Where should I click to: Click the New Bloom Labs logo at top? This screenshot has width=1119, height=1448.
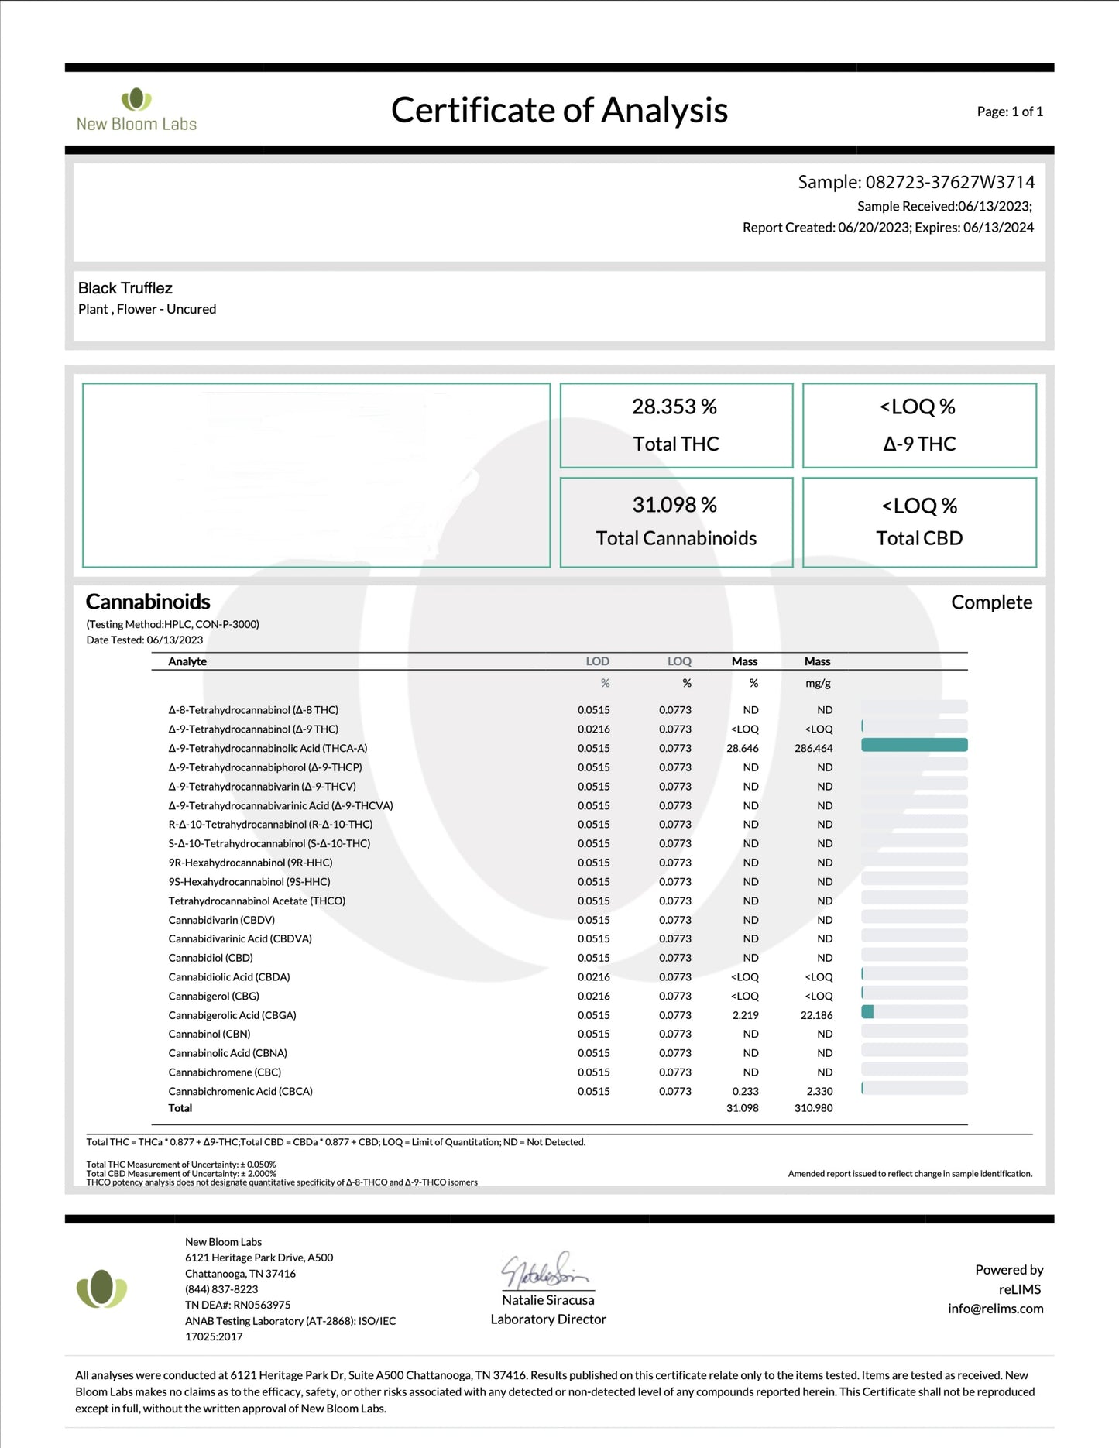[136, 110]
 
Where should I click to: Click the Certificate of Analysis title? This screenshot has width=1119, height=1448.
[559, 110]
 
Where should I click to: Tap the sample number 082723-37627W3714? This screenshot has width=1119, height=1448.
[949, 182]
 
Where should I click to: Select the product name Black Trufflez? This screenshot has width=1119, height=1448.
[125, 288]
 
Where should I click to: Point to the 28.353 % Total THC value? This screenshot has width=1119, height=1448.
[674, 407]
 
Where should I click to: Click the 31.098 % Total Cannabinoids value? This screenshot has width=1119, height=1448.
[674, 505]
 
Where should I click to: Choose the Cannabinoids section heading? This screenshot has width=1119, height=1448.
[148, 602]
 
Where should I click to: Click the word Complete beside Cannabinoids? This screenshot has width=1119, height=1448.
[991, 602]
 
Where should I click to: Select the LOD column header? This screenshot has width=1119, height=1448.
[597, 661]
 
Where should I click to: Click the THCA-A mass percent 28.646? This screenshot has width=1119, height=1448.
[743, 748]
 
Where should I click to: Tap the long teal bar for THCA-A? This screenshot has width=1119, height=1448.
[914, 745]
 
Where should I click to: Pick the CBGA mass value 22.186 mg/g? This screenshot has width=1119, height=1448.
[817, 1015]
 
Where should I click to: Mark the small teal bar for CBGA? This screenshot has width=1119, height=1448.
[867, 1012]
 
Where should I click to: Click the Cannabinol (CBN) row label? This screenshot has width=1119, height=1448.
[209, 1034]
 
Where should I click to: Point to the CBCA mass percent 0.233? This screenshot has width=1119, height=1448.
[745, 1091]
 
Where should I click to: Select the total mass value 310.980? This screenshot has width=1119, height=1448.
[813, 1108]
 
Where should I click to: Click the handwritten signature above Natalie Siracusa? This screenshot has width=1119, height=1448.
[545, 1271]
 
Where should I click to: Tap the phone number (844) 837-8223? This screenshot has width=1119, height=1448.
[221, 1289]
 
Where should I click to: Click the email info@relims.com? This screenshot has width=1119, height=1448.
[995, 1309]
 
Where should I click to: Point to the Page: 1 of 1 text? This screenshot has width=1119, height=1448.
[1010, 112]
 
